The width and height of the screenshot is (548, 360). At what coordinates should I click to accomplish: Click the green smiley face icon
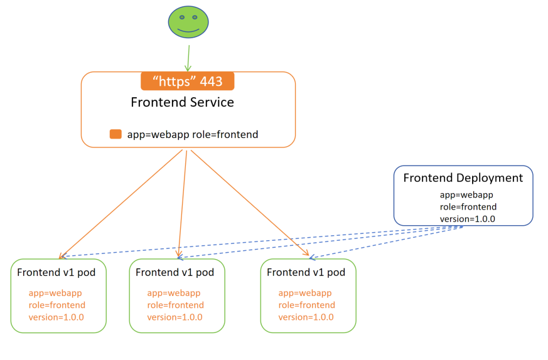click(188, 22)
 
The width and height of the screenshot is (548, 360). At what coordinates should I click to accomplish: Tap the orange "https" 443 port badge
click(187, 82)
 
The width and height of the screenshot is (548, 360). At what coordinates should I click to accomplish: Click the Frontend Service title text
click(182, 102)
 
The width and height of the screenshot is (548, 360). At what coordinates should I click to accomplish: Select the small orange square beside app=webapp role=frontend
click(116, 134)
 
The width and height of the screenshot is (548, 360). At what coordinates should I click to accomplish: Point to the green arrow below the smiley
click(187, 56)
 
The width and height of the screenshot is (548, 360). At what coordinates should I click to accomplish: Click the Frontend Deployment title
click(463, 178)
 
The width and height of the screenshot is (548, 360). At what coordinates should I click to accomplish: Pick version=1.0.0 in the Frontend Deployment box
click(468, 219)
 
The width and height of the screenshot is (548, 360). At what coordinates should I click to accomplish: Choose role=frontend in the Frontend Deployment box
click(468, 207)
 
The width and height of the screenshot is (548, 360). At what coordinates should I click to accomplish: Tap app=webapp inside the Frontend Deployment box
click(466, 195)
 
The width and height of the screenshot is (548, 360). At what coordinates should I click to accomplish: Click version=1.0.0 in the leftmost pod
click(56, 317)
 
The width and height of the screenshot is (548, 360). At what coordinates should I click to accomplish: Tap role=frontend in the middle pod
click(175, 305)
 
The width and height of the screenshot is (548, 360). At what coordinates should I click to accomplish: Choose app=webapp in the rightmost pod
click(305, 293)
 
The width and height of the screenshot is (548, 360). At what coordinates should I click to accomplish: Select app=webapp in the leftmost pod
click(55, 293)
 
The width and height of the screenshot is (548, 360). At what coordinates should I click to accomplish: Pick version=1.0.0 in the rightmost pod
click(306, 317)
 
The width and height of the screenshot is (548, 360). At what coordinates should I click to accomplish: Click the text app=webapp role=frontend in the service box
click(193, 134)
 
